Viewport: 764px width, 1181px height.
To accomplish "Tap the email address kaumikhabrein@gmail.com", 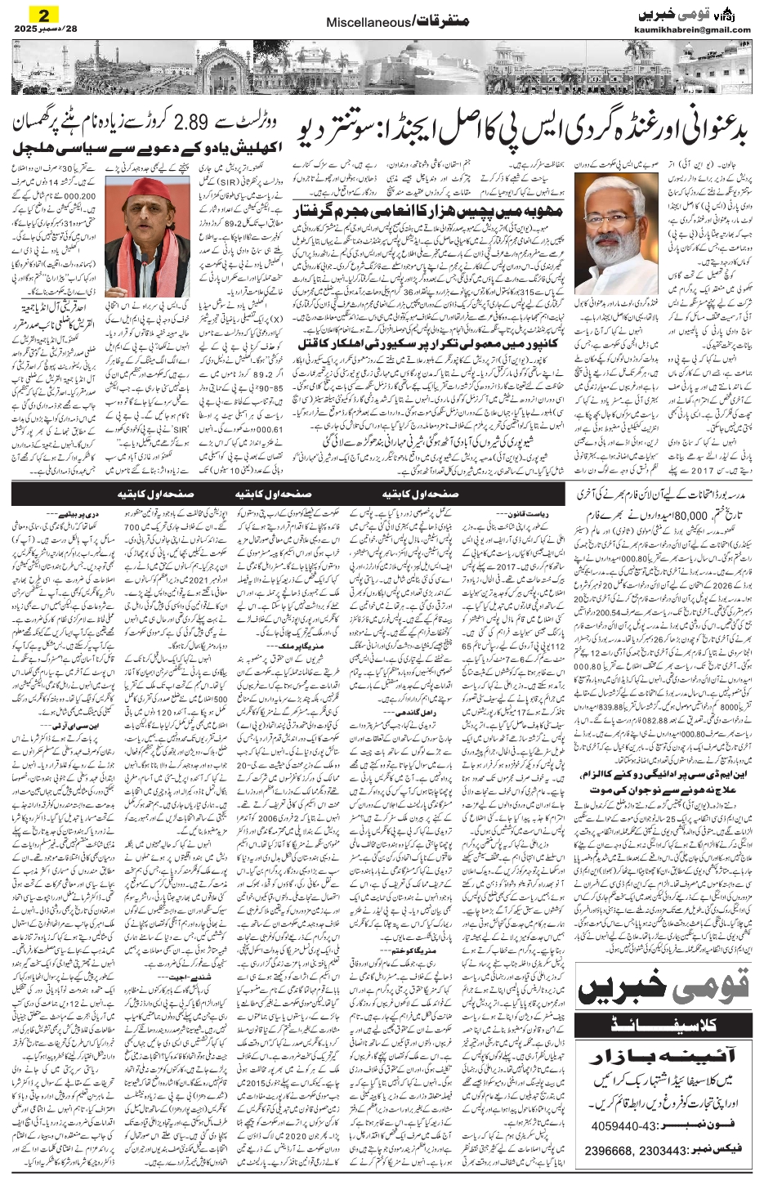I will pos(692,30).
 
